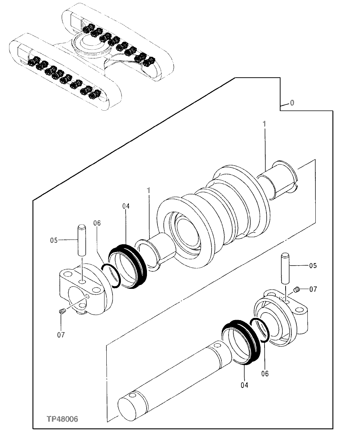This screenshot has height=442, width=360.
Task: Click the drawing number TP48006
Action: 62,419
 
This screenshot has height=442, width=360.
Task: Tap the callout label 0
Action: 292,103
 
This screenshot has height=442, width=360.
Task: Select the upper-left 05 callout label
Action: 54,240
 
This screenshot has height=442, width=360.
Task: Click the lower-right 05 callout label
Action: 312,266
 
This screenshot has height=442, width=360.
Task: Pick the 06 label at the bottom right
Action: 265,373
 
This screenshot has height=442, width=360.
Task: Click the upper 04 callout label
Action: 126,206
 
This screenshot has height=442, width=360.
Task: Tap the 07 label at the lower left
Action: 61,335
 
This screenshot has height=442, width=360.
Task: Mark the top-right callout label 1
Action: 265,124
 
